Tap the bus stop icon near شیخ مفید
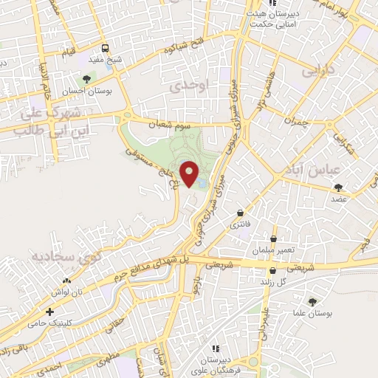(106, 49)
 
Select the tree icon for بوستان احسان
(86, 78)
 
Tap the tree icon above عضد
(339, 188)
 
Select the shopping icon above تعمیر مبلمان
(273, 239)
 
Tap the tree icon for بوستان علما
(312, 301)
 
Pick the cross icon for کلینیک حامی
(49, 312)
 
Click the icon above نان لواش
(67, 281)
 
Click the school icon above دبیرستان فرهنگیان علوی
(216, 348)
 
